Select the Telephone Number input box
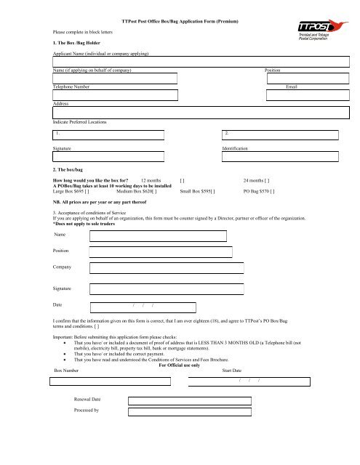[115, 95]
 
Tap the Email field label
[292, 86]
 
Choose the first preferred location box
[108, 134]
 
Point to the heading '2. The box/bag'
[70, 169]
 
